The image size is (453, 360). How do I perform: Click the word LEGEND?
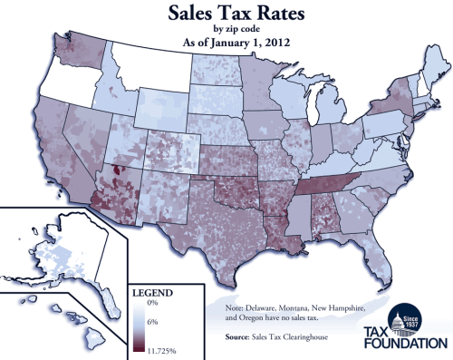(152, 294)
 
